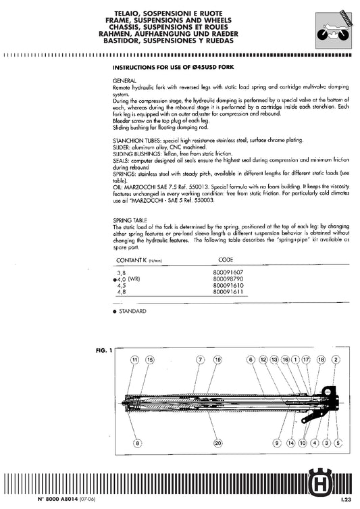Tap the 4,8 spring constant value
(x=122, y=291)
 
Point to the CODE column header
(x=228, y=260)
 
